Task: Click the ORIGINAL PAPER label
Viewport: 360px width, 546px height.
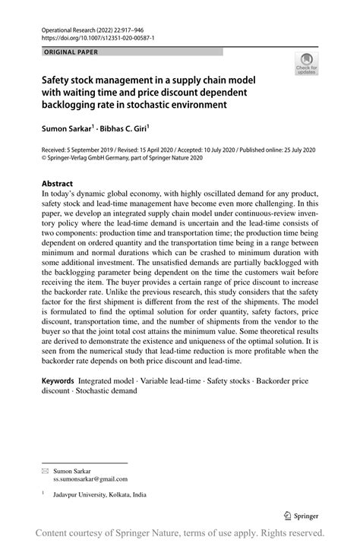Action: pyautogui.click(x=66, y=52)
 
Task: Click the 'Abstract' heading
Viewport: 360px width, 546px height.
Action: pyautogui.click(x=57, y=184)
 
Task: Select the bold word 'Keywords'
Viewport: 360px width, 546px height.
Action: pyautogui.click(x=62, y=378)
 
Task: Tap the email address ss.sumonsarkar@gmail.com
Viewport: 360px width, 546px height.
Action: pyautogui.click(x=90, y=479)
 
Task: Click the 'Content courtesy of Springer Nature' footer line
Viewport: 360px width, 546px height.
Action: pyautogui.click(x=180, y=534)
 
